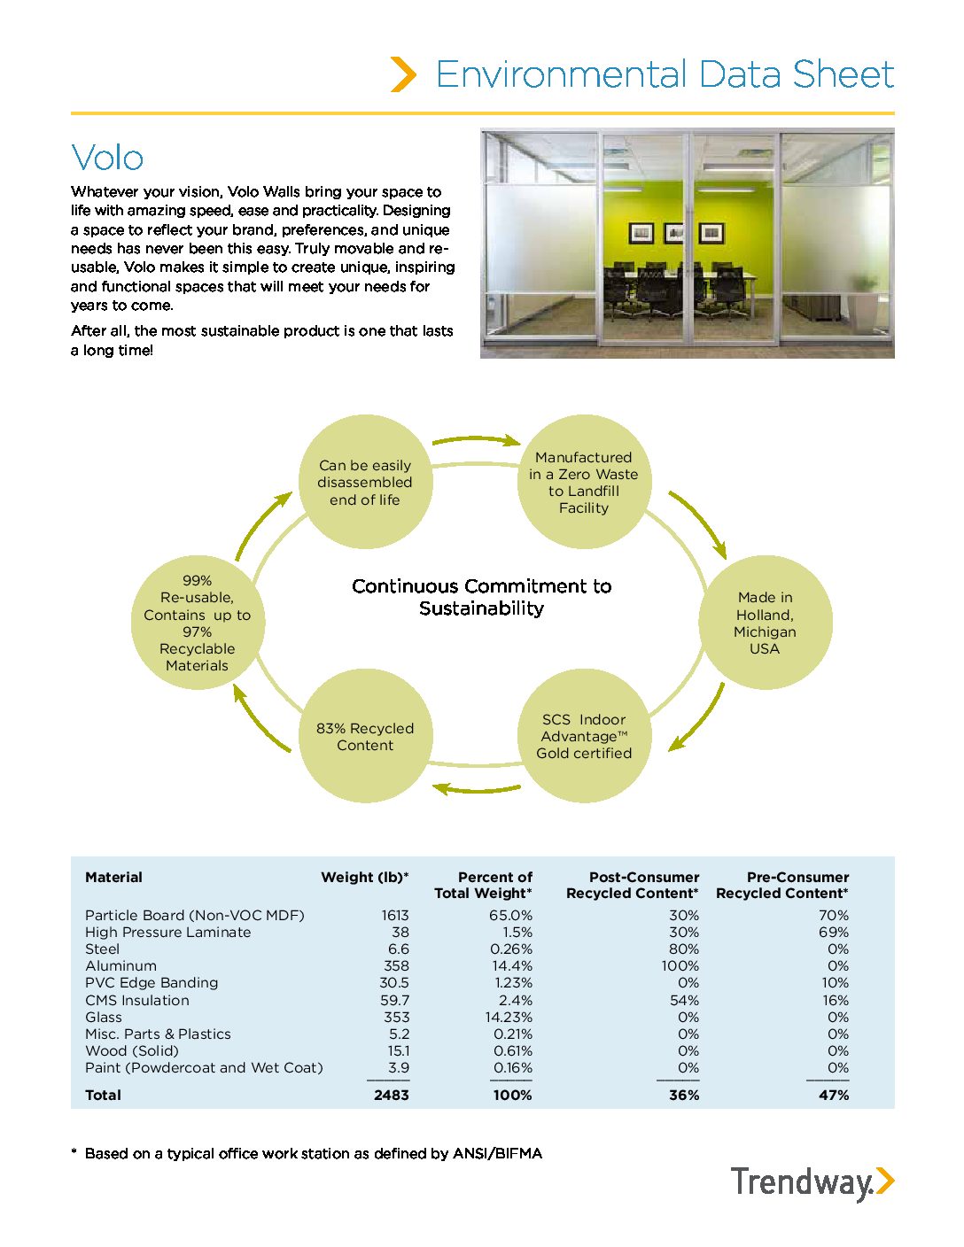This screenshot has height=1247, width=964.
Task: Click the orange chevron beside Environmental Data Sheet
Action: pyautogui.click(x=403, y=74)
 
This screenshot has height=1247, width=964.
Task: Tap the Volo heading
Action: pyautogui.click(x=107, y=158)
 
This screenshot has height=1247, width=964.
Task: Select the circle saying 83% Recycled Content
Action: pyautogui.click(x=365, y=736)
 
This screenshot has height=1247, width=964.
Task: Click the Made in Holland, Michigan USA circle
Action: pyautogui.click(x=765, y=623)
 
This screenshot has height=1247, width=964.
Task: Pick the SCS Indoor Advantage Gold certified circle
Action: pyautogui.click(x=584, y=736)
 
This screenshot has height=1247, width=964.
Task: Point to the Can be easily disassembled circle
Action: pyautogui.click(x=365, y=482)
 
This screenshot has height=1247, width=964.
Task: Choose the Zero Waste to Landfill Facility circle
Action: pyautogui.click(x=584, y=482)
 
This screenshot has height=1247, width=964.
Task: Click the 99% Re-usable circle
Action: pyautogui.click(x=197, y=623)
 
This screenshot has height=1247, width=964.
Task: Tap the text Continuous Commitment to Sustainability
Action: pyautogui.click(x=481, y=597)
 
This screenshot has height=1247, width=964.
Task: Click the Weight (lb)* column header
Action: pyautogui.click(x=364, y=878)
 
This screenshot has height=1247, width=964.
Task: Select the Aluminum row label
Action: pyautogui.click(x=120, y=966)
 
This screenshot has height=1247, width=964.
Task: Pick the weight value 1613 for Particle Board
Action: pyautogui.click(x=395, y=916)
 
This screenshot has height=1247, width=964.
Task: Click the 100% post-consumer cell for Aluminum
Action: pyautogui.click(x=680, y=966)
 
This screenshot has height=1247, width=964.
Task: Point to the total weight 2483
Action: pyautogui.click(x=391, y=1096)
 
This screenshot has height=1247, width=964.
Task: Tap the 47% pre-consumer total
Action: pyautogui.click(x=833, y=1096)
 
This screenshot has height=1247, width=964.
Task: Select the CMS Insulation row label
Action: pyautogui.click(x=137, y=1001)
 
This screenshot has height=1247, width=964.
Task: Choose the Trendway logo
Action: pyautogui.click(x=812, y=1183)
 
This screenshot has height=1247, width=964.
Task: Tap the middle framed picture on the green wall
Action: pyautogui.click(x=673, y=233)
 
